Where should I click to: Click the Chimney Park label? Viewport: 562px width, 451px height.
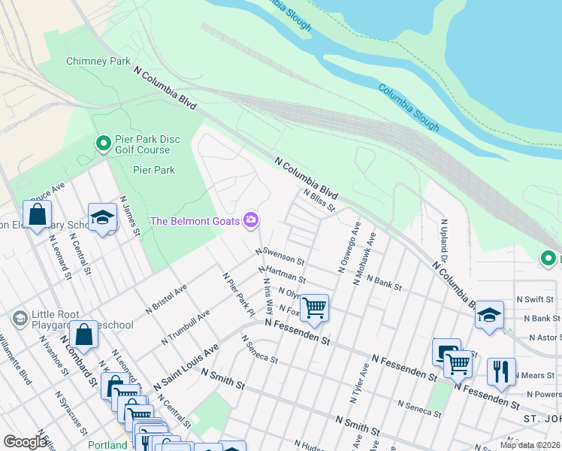pos(98,61)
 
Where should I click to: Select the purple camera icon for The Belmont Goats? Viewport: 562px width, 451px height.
pos(251,220)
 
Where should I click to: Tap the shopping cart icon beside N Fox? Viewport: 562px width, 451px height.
pos(314,307)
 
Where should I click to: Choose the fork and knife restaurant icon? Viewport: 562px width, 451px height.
pos(500,371)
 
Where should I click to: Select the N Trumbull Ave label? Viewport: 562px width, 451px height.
pos(186,329)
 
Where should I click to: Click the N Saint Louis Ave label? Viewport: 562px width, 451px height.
pos(186,367)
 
